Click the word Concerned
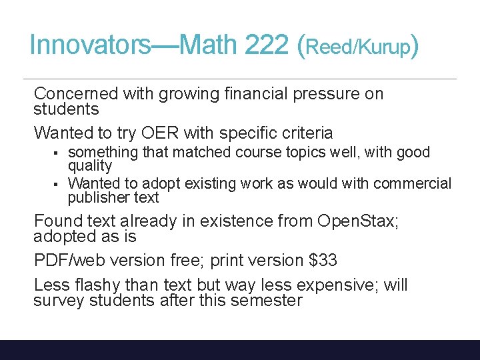(x=76, y=94)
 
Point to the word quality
(x=90, y=165)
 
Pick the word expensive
(x=337, y=285)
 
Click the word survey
(x=58, y=301)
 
